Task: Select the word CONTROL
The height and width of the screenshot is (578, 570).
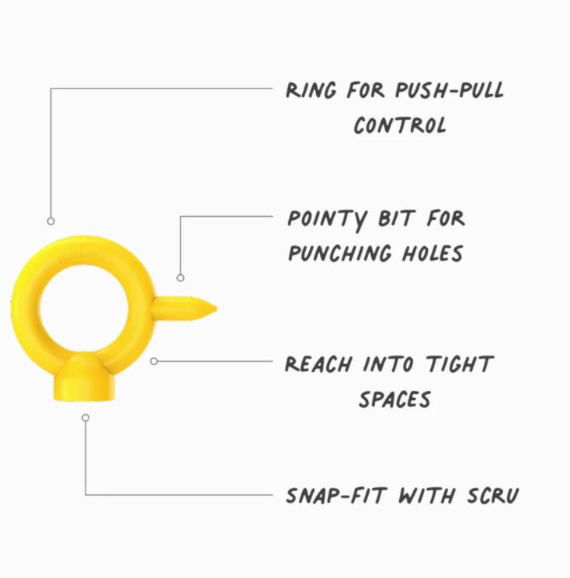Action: tap(400, 125)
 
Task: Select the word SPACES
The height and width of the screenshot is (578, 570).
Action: tap(394, 399)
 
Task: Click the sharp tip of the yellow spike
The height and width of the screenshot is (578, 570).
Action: tap(214, 309)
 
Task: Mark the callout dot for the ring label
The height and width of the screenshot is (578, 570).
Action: tap(51, 221)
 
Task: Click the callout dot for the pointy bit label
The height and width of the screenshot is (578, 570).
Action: tap(180, 277)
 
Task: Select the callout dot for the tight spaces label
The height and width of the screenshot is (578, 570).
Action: tap(154, 361)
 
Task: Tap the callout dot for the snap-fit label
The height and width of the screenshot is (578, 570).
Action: tap(85, 418)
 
